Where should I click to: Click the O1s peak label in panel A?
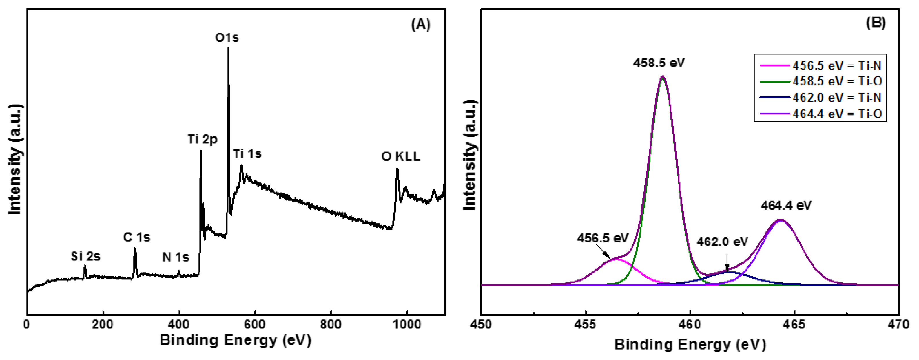point(227,37)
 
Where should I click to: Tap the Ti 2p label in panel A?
point(202,139)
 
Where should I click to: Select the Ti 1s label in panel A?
point(247,154)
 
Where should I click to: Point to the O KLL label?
point(401,156)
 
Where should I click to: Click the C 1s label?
point(137,237)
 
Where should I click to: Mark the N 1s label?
point(176,257)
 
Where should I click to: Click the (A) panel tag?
point(421,25)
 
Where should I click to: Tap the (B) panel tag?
point(876,23)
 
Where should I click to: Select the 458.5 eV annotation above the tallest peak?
point(659,63)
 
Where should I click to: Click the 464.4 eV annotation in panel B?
point(786,206)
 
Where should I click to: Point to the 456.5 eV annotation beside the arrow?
point(603,238)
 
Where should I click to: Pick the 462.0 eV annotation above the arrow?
point(722,242)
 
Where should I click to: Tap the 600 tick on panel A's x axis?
point(255,325)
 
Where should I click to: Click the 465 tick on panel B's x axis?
point(794,325)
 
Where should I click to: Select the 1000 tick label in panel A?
point(406,325)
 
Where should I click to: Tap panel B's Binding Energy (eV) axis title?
point(690,345)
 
